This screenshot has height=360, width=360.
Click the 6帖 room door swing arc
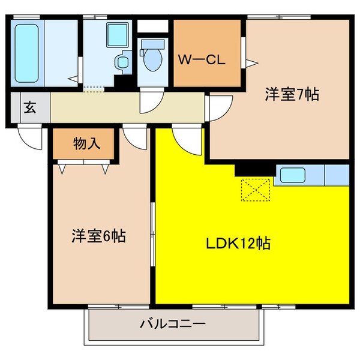point(136,137)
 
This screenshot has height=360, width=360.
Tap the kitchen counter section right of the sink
point(336,175)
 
